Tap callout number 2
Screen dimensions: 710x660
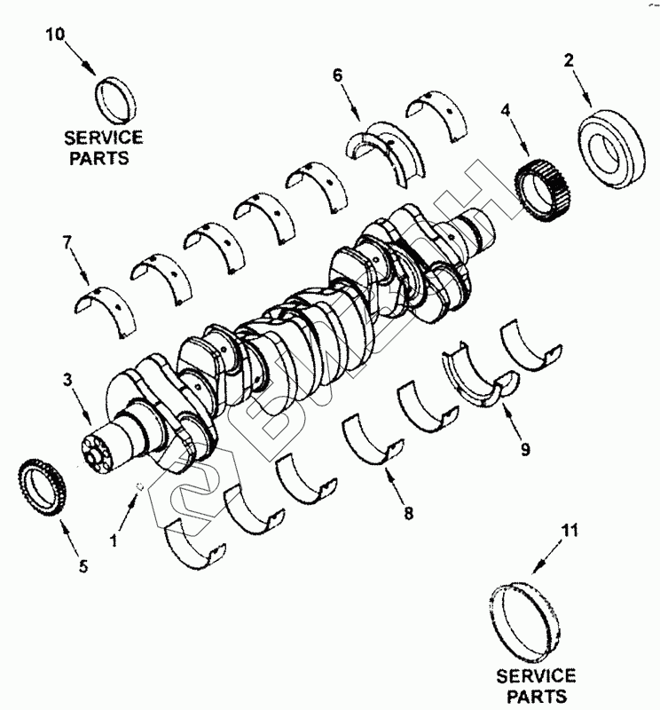[569, 60]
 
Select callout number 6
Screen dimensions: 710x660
[338, 75]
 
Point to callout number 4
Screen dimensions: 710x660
[505, 111]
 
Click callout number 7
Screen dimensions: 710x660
[66, 241]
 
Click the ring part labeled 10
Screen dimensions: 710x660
[115, 99]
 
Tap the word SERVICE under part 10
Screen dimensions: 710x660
[104, 138]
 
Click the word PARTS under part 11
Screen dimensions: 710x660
[535, 697]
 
